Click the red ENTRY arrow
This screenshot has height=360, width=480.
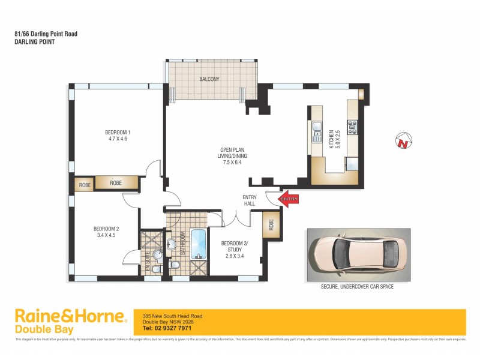coord(289,199)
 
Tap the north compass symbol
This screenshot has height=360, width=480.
coord(403,142)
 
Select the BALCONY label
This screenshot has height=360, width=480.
coord(209,79)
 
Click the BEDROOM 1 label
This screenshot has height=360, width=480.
coord(118,132)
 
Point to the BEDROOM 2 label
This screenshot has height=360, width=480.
coord(106,228)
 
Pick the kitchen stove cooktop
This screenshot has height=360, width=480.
coord(352,127)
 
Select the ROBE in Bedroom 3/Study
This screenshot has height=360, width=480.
coord(271,225)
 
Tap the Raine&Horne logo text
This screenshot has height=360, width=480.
coord(70,316)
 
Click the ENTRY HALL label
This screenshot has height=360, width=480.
coord(250,200)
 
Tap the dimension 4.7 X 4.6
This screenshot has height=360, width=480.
coord(118,139)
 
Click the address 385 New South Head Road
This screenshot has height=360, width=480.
coord(172,316)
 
